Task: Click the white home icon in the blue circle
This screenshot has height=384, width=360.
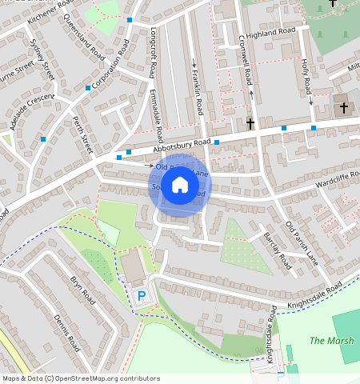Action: (x=180, y=185)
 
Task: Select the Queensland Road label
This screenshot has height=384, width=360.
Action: (x=82, y=37)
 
